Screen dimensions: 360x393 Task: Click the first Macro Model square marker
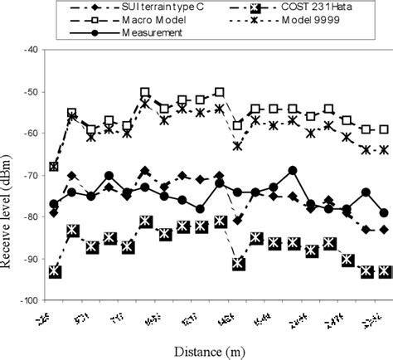point(54,167)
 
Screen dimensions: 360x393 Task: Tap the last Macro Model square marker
point(384,129)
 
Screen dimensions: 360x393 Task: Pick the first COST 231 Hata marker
point(54,271)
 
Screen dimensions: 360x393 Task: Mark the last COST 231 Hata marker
point(384,271)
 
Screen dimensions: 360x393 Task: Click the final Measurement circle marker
point(384,213)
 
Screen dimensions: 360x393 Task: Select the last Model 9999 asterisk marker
point(384,150)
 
